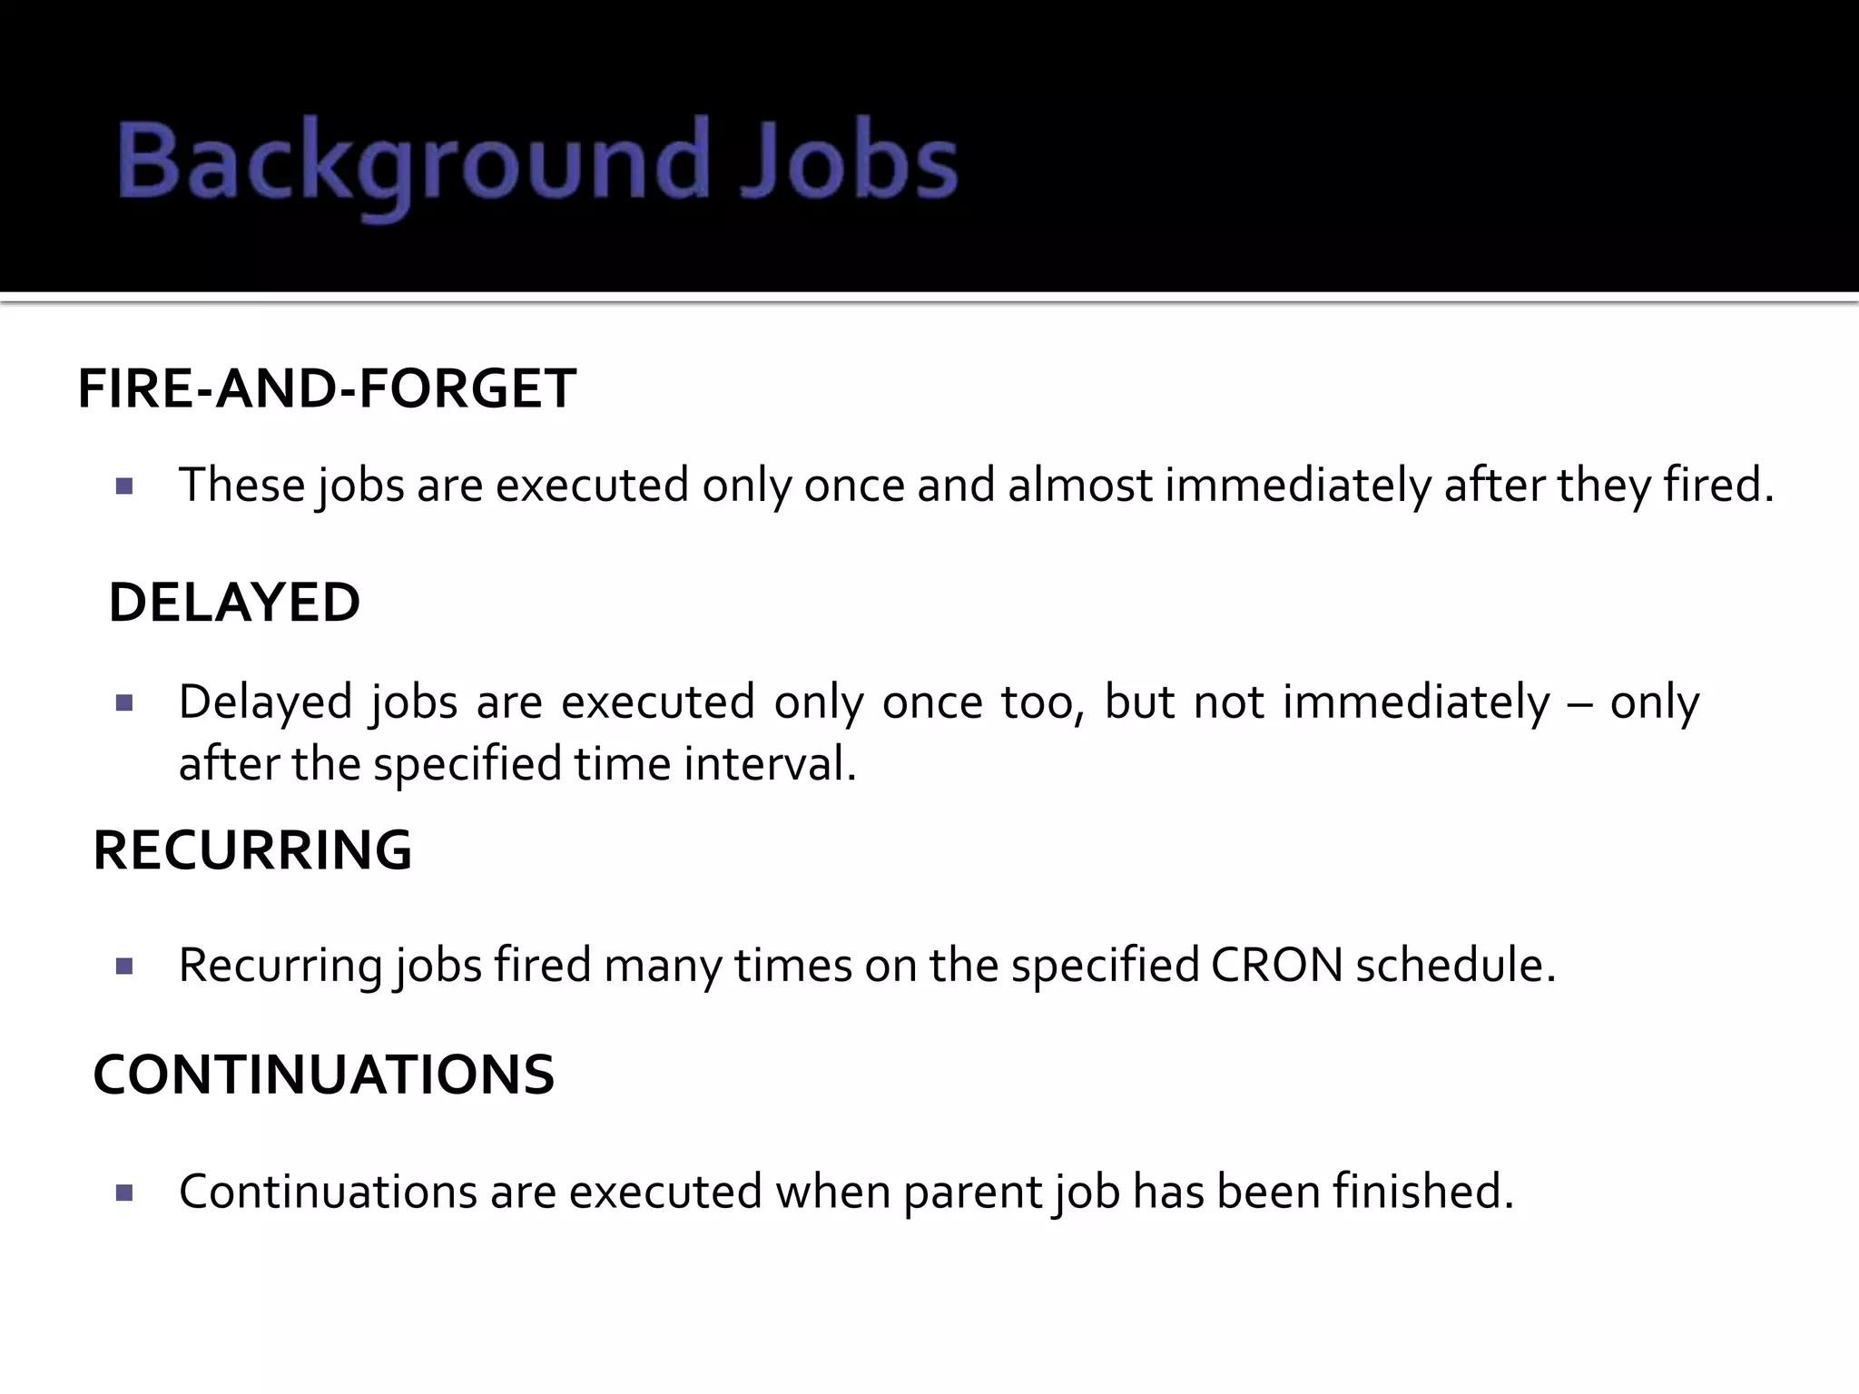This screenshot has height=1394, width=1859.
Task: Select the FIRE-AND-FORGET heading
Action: click(x=327, y=389)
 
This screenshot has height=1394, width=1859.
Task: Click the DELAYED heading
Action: click(x=234, y=603)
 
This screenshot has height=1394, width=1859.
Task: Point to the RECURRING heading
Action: click(x=252, y=851)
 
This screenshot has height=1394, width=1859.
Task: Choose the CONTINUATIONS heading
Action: click(x=323, y=1075)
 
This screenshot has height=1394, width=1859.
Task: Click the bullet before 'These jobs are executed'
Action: click(x=125, y=486)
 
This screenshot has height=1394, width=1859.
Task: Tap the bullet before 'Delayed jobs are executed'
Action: click(x=125, y=703)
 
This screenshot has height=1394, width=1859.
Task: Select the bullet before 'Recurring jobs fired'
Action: click(x=125, y=967)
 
